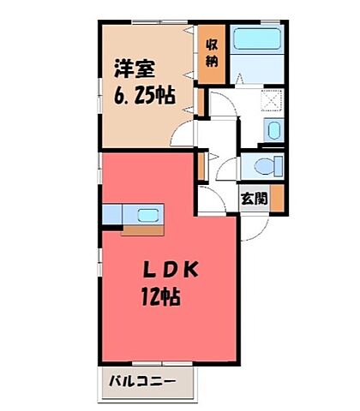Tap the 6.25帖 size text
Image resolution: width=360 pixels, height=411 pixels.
pos(144,93)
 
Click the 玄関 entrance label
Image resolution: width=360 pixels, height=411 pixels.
pos(252,198)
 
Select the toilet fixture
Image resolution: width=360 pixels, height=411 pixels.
pos(261,164)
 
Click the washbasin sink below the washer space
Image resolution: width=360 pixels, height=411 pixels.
pos(273,131)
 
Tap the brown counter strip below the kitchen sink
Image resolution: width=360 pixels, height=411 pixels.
pos(141,229)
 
